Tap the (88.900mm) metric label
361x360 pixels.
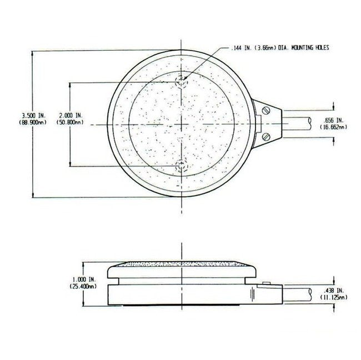coord(33,122)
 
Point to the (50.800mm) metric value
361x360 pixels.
coord(70,122)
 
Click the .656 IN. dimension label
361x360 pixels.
coord(333,120)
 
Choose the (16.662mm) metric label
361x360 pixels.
coord(333,127)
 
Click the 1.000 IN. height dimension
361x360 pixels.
coord(84,279)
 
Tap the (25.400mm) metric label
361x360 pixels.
coord(83,286)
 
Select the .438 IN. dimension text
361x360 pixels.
coord(333,290)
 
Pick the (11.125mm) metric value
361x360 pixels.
coord(333,297)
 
